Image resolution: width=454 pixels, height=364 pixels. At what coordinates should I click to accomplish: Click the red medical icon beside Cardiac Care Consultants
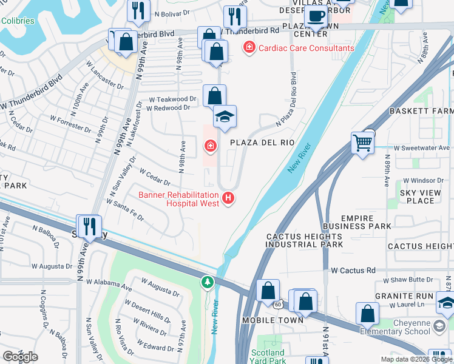pyautogui.click(x=249, y=48)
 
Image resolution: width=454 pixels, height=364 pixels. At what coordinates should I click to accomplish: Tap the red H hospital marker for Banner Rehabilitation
pyautogui.click(x=228, y=198)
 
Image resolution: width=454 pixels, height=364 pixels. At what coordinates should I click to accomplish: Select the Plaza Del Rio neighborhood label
pyautogui.click(x=262, y=143)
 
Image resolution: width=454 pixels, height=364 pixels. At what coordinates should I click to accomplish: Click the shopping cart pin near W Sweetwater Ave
pyautogui.click(x=362, y=144)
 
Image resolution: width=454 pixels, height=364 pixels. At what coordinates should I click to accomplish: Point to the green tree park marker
pyautogui.click(x=208, y=282)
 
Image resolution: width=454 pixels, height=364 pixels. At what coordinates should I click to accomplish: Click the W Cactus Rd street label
pyautogui.click(x=353, y=271)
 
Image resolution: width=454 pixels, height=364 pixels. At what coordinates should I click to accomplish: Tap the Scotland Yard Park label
pyautogui.click(x=268, y=356)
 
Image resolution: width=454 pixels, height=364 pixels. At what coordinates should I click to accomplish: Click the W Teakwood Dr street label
pyautogui.click(x=173, y=99)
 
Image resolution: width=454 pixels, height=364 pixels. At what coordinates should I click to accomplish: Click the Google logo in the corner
pyautogui.click(x=20, y=357)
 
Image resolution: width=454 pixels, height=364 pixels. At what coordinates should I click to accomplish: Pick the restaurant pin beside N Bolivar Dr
pyautogui.click(x=139, y=10)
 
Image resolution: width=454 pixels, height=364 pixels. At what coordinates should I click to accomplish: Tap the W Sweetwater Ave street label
pyautogui.click(x=421, y=147)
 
